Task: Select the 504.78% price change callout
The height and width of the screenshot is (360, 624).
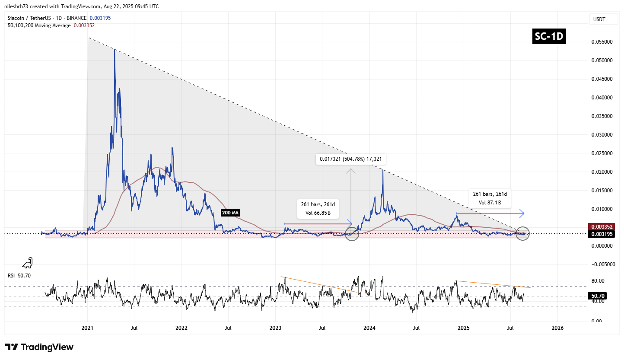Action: point(351,159)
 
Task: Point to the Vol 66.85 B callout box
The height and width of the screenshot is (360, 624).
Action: point(318,208)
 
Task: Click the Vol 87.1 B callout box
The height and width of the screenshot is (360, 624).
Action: point(489,198)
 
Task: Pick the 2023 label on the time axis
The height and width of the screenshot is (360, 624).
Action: point(276,328)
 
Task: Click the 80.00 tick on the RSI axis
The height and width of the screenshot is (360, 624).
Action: point(598,281)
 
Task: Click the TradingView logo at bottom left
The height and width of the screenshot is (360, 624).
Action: point(39,347)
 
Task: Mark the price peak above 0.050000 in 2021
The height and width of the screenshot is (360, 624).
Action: point(115,50)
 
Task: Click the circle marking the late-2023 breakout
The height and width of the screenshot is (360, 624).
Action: point(352,234)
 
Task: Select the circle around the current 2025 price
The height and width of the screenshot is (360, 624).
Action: point(523,234)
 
